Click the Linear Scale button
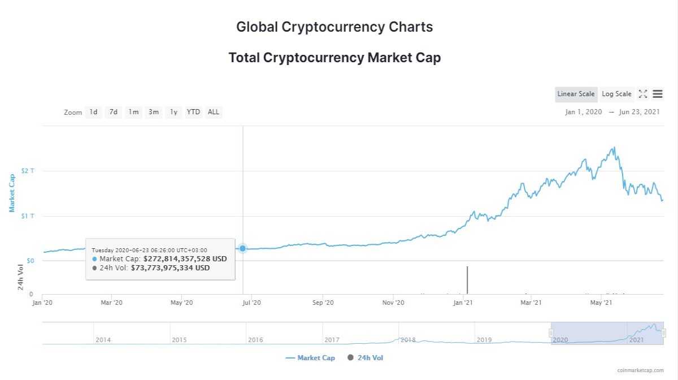576,94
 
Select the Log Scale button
616,94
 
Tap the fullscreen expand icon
643,94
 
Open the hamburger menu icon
658,94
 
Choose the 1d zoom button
93,112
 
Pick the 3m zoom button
154,112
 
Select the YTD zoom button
193,112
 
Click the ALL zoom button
214,112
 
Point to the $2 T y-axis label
28,171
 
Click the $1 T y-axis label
28,216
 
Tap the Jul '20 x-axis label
251,303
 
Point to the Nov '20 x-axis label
393,303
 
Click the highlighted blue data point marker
242,248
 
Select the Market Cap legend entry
310,358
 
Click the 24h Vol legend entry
366,358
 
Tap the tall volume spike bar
467,280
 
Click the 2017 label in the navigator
332,340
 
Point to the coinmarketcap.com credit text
641,370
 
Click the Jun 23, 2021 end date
639,112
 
